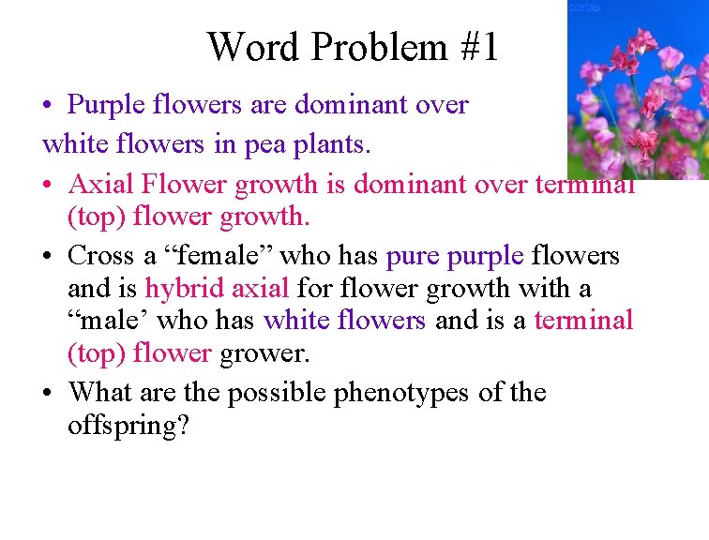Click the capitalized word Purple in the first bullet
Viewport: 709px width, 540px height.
tap(107, 104)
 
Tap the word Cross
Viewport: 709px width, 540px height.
tap(101, 255)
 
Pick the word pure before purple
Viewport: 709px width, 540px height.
tap(413, 255)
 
